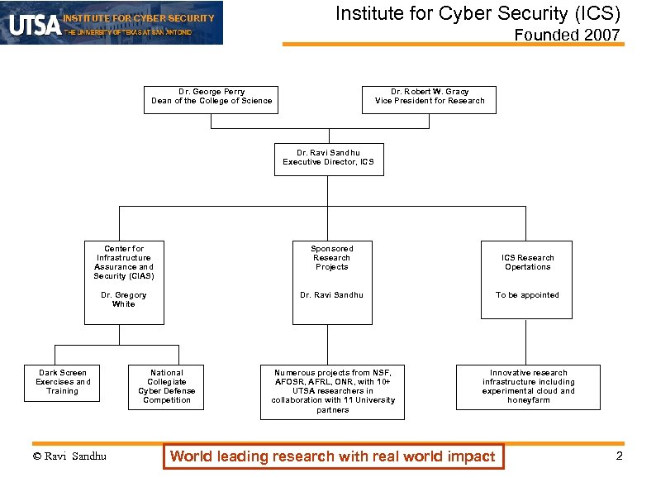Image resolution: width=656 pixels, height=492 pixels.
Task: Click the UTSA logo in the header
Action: pyautogui.click(x=35, y=24)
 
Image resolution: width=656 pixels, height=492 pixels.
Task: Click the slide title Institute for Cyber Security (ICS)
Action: pyautogui.click(x=477, y=14)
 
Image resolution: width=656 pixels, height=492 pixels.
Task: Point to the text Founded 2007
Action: pyautogui.click(x=567, y=35)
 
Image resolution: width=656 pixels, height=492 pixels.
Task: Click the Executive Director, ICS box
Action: pyautogui.click(x=328, y=158)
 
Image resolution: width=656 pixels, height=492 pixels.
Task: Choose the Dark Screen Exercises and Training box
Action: pyautogui.click(x=63, y=383)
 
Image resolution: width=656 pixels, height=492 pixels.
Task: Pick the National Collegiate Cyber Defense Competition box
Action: pyautogui.click(x=166, y=386)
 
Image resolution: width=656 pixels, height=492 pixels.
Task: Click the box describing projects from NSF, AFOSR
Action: pyautogui.click(x=332, y=391)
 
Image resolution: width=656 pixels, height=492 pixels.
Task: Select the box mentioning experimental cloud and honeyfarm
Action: pyautogui.click(x=528, y=387)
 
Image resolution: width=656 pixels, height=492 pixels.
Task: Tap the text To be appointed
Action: pyautogui.click(x=527, y=295)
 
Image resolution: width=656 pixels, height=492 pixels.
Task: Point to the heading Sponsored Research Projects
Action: pyautogui.click(x=332, y=257)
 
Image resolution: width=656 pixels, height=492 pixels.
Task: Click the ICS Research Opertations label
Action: pyautogui.click(x=527, y=262)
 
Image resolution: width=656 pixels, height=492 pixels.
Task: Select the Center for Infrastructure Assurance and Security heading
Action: pyautogui.click(x=124, y=262)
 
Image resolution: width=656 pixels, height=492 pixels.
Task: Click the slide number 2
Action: pyautogui.click(x=619, y=456)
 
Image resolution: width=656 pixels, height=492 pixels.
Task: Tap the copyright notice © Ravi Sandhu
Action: pyautogui.click(x=69, y=456)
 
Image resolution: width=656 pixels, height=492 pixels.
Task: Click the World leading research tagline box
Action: pyautogui.click(x=332, y=456)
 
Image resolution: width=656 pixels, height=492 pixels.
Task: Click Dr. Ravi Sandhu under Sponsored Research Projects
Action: pyautogui.click(x=332, y=295)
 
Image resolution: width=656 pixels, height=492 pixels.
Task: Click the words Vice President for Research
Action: pyautogui.click(x=430, y=101)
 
